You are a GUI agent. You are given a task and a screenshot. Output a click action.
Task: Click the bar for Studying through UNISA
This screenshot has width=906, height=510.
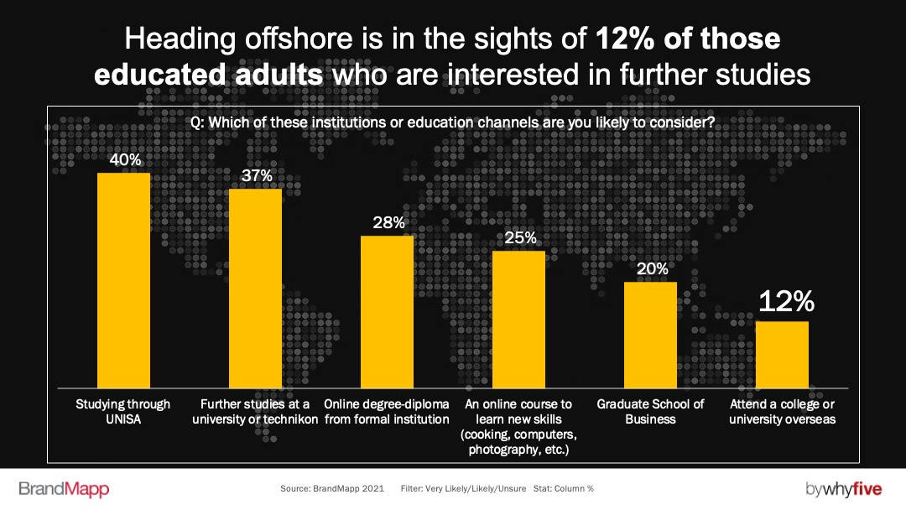pos(124,281)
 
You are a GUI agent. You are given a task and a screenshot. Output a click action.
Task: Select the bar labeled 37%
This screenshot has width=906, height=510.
pos(256,289)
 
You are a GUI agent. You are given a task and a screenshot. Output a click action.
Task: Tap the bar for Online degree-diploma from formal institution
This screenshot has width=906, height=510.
pos(387,312)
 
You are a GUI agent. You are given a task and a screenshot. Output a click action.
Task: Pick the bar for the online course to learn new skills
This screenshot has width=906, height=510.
pos(518,320)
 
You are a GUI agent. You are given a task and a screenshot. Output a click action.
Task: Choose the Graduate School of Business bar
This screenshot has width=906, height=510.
pos(650,335)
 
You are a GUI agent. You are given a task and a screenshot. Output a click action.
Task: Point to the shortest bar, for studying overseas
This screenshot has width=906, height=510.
pos(782,355)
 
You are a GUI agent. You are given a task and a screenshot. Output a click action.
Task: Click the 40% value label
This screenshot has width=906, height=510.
pos(124,159)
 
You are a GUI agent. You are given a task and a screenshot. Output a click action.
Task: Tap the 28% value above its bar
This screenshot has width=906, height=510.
pos(388,222)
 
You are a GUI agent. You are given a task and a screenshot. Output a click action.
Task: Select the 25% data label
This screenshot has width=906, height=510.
pos(519,237)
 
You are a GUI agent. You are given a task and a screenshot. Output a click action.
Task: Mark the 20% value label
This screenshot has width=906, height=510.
pos(651,268)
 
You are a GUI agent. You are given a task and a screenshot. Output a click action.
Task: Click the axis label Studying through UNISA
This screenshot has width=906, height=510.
pos(124,411)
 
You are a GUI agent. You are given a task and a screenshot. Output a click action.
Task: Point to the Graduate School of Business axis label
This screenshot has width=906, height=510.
pos(650,411)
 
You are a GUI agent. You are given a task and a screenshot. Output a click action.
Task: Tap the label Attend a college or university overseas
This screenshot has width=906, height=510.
pos(782,411)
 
